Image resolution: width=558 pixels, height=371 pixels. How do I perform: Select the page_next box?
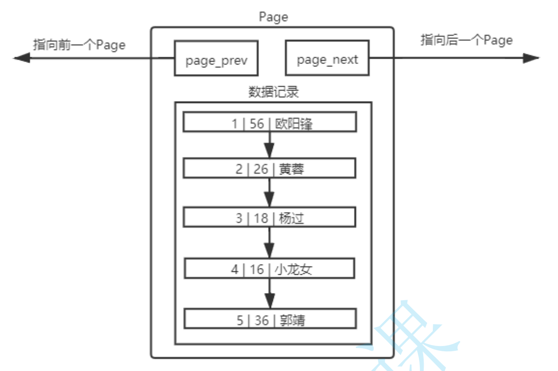[x=327, y=58]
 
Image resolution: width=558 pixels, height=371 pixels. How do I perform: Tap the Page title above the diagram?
[x=273, y=17]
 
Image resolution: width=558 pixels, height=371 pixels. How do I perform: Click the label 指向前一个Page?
[x=79, y=45]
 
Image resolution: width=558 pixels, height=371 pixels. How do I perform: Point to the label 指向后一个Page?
[x=467, y=40]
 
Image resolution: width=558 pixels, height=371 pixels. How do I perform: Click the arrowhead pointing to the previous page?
[x=22, y=58]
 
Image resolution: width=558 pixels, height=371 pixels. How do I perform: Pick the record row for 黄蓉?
[x=270, y=169]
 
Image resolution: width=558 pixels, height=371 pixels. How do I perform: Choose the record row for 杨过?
[x=270, y=217]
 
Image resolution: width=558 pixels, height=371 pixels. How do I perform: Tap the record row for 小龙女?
[x=270, y=269]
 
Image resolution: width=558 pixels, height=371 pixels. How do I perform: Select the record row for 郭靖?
[x=270, y=320]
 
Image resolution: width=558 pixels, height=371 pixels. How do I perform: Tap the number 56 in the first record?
[x=257, y=124]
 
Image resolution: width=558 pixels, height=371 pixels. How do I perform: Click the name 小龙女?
[x=293, y=269]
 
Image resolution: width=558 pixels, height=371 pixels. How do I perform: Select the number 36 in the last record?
[x=261, y=320]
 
